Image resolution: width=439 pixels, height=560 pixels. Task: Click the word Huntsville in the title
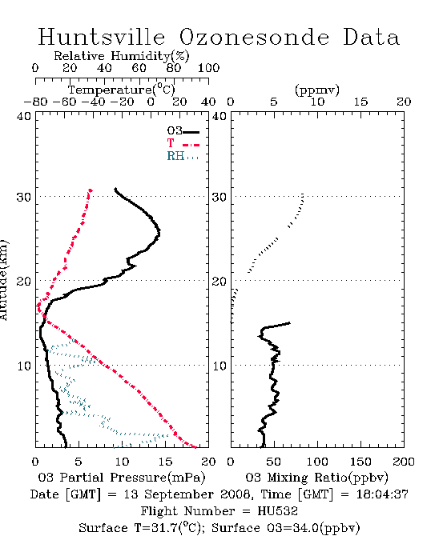[102, 37]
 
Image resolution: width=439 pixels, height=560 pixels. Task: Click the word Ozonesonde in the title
[254, 37]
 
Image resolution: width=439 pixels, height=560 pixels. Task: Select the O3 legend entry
[183, 131]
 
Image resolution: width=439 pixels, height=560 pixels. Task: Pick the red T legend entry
[183, 143]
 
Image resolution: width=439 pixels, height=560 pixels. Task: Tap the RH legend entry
[183, 156]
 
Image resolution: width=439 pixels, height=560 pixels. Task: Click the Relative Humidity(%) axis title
[122, 56]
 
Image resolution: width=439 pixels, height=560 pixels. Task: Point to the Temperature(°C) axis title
[122, 90]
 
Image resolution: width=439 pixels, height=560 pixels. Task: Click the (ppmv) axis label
[317, 90]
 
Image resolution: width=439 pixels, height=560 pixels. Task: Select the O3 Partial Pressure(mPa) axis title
[122, 478]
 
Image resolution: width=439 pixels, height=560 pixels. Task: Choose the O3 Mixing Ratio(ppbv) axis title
[316, 478]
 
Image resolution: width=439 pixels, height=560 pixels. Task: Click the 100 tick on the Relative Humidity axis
[209, 68]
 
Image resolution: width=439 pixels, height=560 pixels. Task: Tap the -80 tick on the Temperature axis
[35, 102]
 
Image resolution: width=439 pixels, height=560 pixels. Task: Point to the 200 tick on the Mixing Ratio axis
[404, 462]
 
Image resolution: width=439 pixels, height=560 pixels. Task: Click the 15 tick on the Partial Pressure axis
[165, 462]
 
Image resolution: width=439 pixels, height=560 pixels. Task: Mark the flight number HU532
[278, 511]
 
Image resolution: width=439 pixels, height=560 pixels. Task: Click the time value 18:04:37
[382, 494]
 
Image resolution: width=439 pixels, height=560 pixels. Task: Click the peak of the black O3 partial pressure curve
[159, 233]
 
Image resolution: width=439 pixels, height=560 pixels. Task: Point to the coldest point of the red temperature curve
[38, 306]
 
